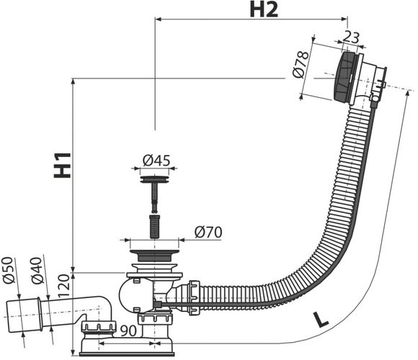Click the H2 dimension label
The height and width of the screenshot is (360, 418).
264,9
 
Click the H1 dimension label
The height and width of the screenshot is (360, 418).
63,165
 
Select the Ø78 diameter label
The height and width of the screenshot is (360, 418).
301,65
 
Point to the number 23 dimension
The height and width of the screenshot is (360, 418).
351,37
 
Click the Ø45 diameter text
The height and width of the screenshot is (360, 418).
156,161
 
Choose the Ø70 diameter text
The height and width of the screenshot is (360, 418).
208,232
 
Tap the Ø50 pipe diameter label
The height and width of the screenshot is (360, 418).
8,270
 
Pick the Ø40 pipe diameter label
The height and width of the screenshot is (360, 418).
37,271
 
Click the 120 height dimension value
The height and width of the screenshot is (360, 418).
64,287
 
